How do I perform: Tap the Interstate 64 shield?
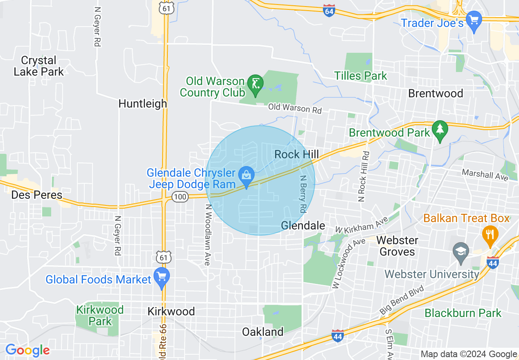[x=328, y=11]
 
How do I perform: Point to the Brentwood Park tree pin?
[x=440, y=130]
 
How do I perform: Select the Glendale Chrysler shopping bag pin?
[x=246, y=176]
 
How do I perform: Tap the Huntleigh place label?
[x=143, y=104]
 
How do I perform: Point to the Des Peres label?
[x=37, y=195]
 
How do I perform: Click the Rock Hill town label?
[x=296, y=155]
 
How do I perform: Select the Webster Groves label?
[x=397, y=246]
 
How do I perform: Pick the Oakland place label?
[x=263, y=332]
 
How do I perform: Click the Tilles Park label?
[x=361, y=76]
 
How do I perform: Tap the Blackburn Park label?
[x=463, y=313]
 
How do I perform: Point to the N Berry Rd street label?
[x=303, y=194]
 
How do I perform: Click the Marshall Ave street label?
[x=485, y=175]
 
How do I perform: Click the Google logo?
[x=27, y=351]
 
